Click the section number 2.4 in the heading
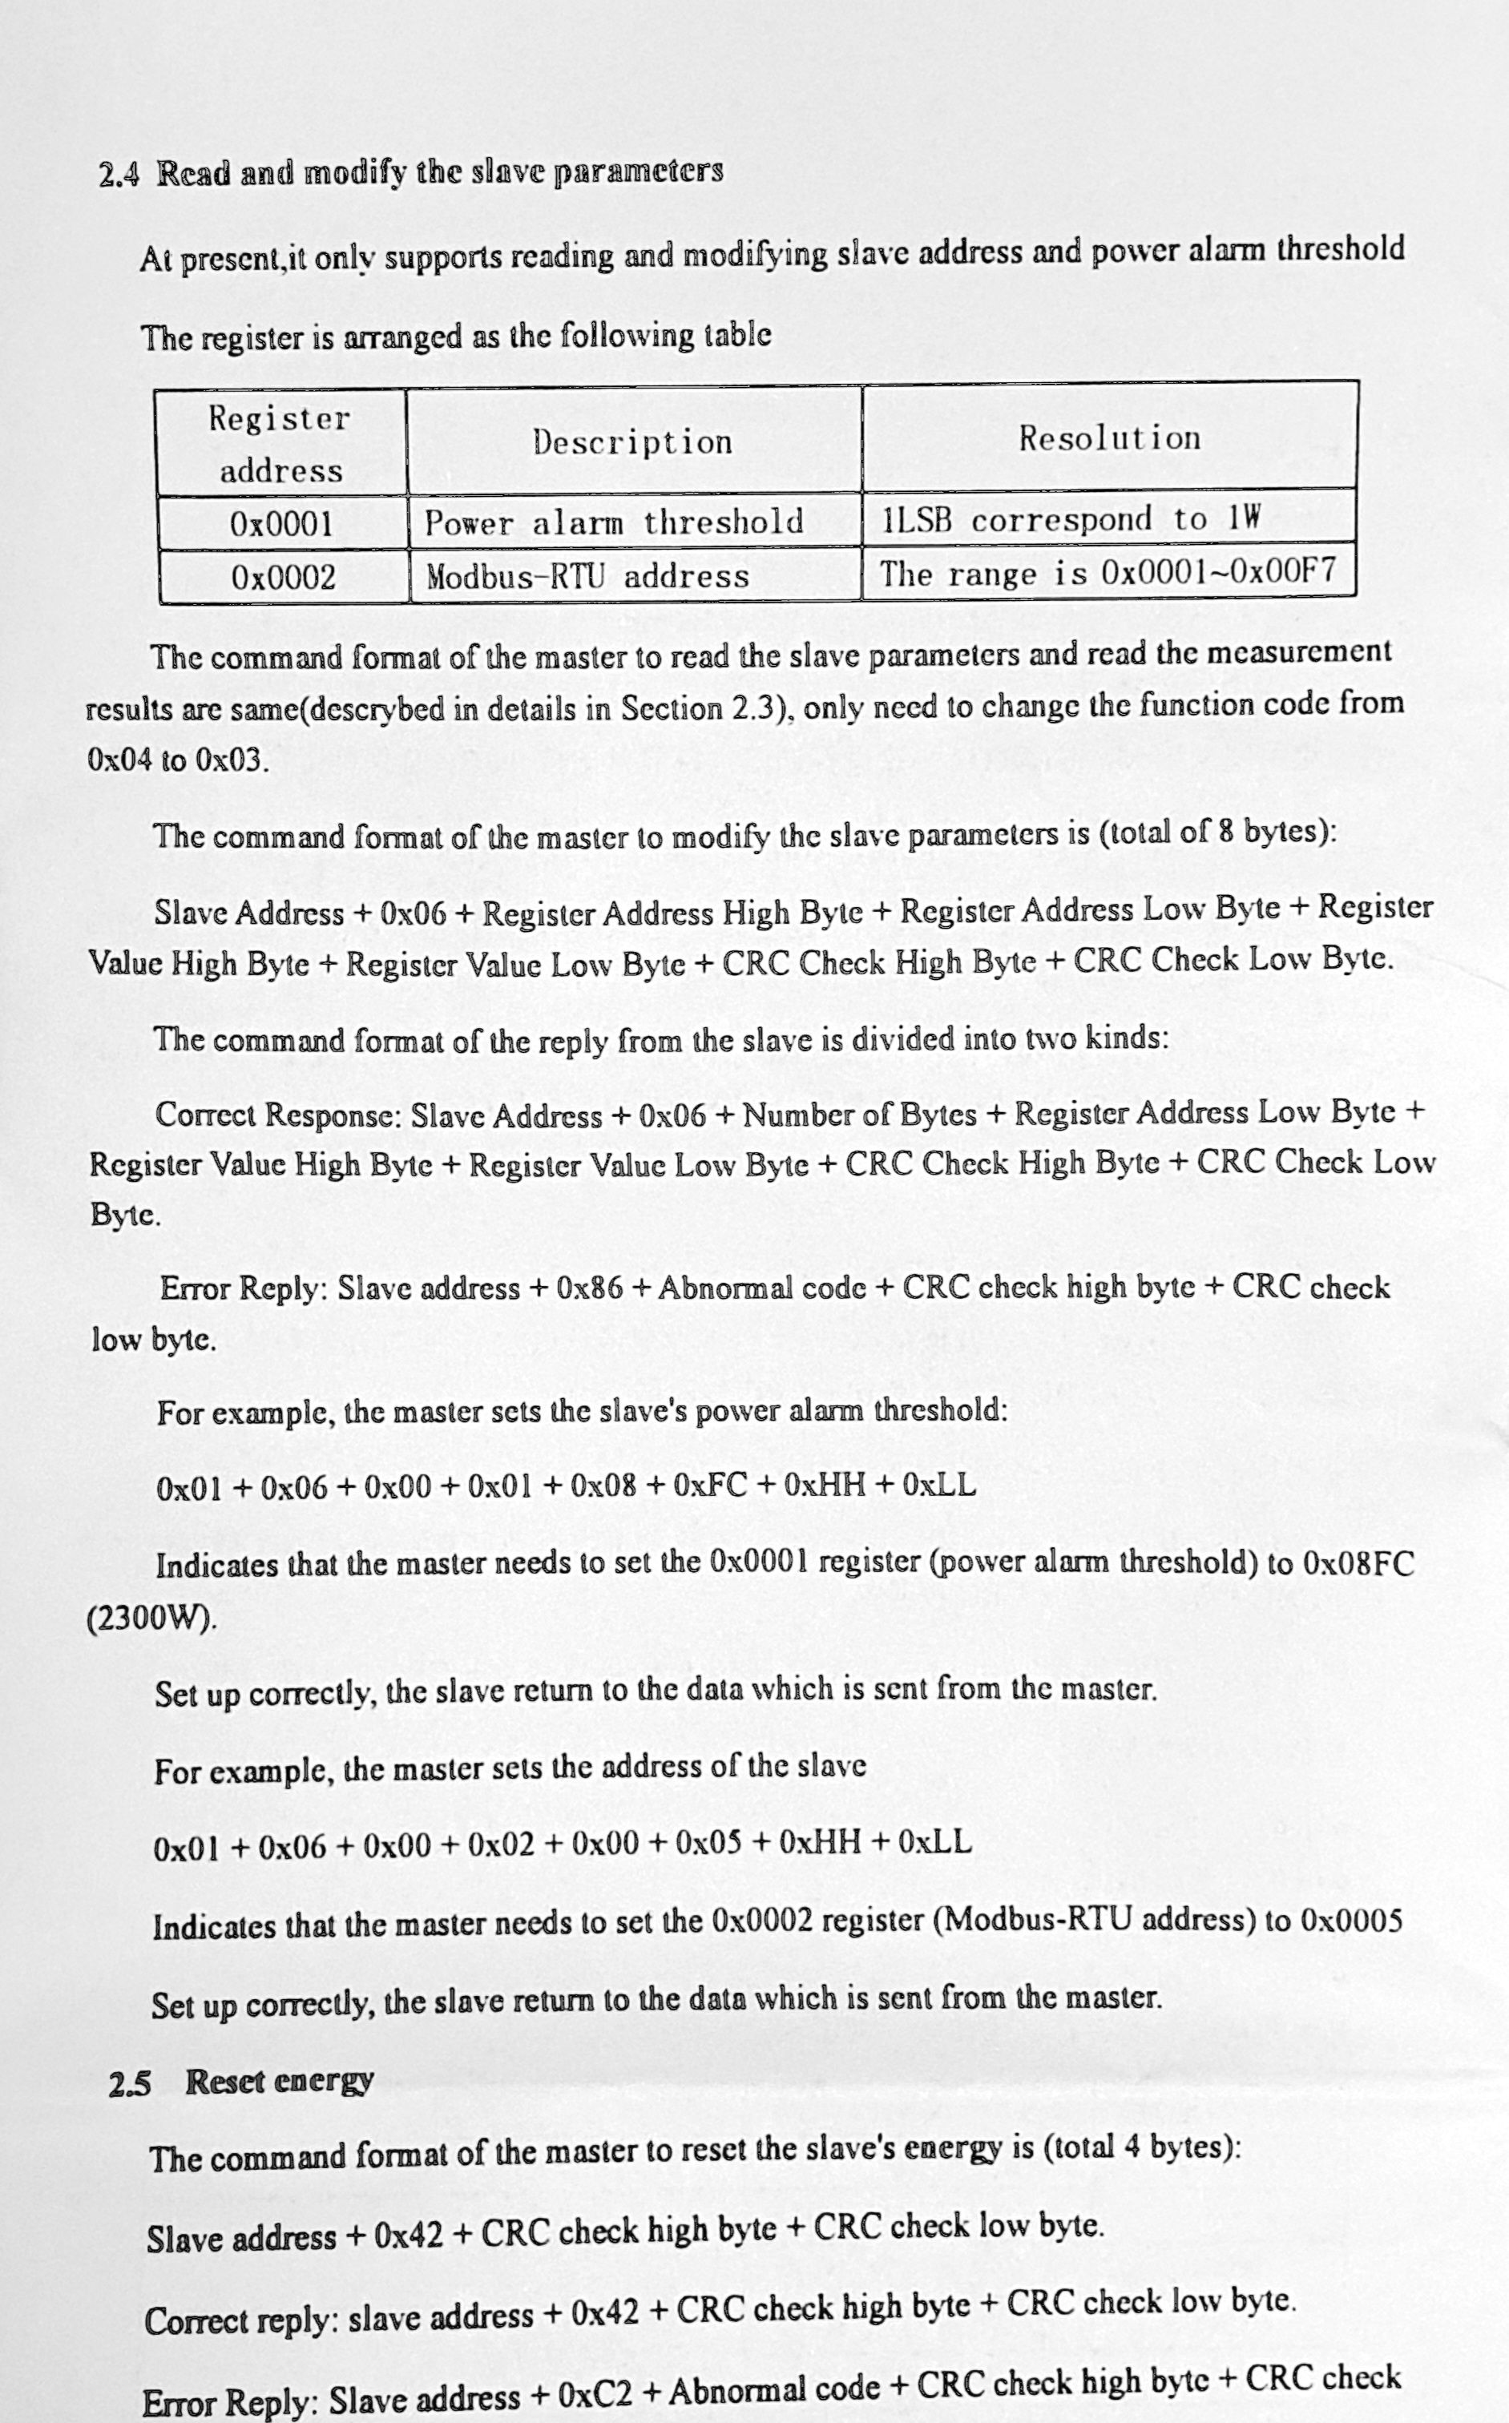[119, 175]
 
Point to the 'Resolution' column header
[1109, 437]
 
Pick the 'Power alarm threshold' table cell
[614, 522]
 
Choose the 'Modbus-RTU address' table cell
[588, 576]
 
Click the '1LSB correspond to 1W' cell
[1071, 518]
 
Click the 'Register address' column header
[280, 444]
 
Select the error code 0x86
[589, 1288]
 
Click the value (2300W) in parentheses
[151, 1617]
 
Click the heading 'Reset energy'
[280, 2082]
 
